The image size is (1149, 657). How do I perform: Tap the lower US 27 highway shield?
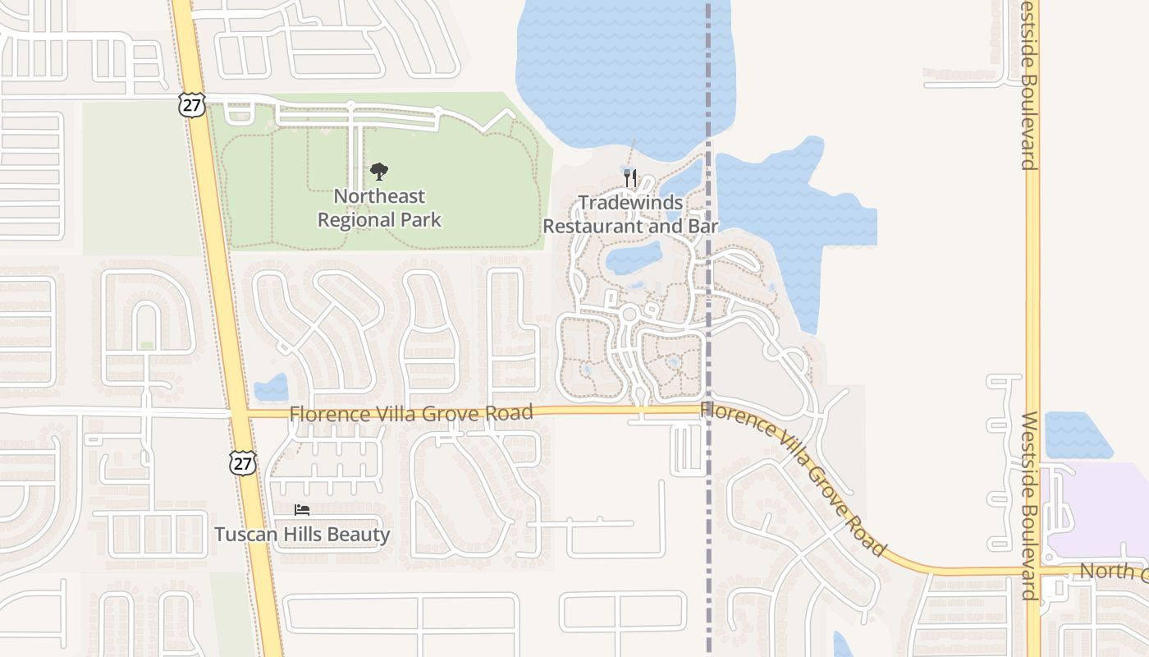243,463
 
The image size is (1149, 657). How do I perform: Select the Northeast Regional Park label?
379,209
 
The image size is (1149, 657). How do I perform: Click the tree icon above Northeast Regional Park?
378,172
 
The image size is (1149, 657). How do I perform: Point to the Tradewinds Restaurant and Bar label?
630,214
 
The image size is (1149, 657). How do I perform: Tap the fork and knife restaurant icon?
630,177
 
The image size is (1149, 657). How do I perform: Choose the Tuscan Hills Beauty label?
302,535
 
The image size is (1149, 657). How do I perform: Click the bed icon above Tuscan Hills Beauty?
302,510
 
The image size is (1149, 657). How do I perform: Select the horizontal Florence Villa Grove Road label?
411,412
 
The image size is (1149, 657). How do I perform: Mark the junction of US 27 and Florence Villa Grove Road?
237,412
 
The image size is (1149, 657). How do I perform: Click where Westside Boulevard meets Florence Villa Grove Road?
1033,571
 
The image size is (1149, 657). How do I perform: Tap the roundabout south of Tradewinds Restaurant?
630,315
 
